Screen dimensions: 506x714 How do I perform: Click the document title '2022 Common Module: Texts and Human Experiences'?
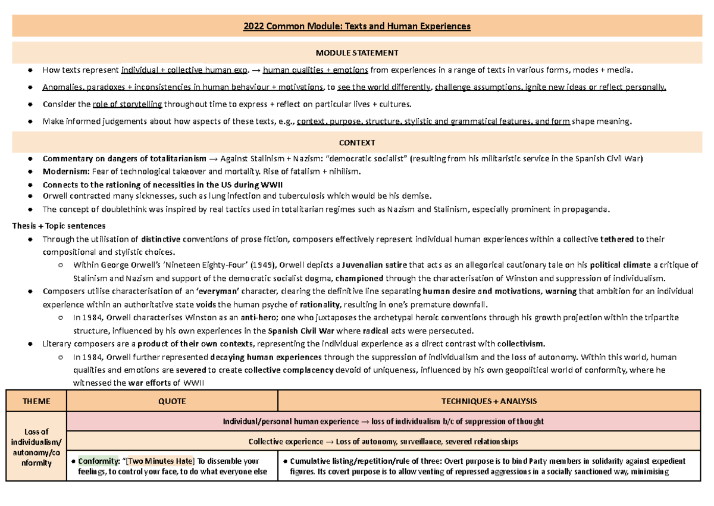357,26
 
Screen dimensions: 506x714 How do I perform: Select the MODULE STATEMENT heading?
357,53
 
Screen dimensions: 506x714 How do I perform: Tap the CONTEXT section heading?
357,143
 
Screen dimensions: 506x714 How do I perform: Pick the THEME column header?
36,401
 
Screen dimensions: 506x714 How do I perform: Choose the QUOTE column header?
172,401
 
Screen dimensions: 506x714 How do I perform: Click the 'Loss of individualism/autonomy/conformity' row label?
36,447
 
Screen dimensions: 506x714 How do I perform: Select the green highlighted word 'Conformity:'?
99,461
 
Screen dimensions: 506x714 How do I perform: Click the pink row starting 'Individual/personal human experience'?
383,421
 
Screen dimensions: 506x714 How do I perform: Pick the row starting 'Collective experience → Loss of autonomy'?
383,441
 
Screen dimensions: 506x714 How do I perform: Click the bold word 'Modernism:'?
63,171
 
